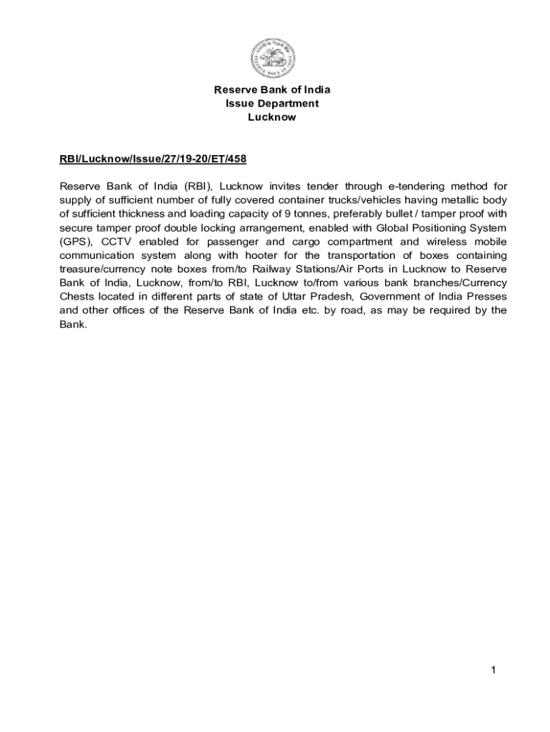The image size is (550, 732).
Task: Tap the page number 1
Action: (494, 670)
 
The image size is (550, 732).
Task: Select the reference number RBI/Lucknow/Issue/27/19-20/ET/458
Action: (153, 159)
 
